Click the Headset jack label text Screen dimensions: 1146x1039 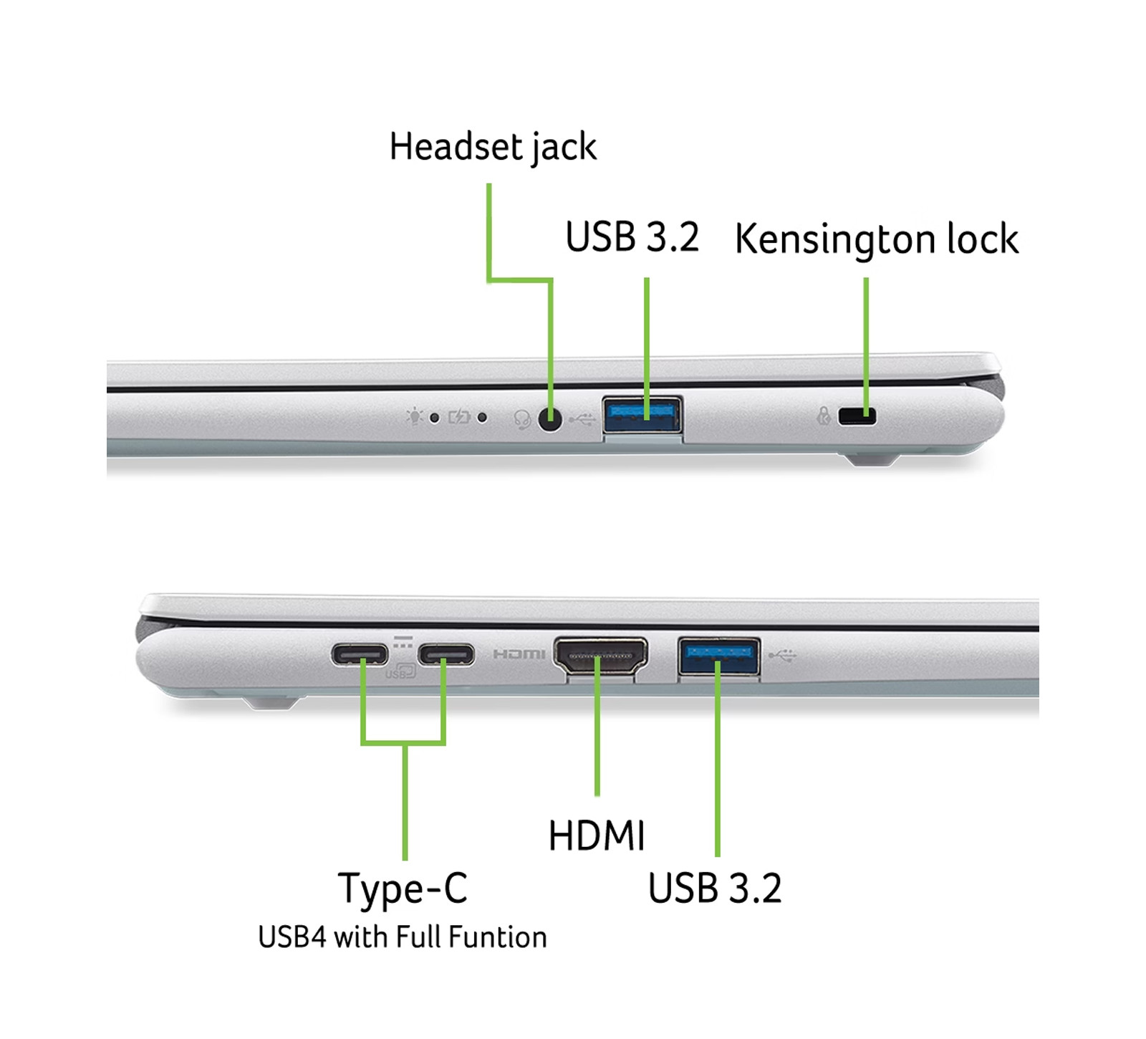tap(493, 147)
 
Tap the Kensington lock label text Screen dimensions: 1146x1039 tap(877, 239)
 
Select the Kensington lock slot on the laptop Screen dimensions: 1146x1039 tap(857, 416)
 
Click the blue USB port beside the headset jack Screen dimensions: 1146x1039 tap(642, 414)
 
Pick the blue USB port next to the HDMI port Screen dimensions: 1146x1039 tap(719, 655)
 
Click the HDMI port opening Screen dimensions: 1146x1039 tap(600, 656)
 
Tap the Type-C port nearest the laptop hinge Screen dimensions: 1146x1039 tap(360, 654)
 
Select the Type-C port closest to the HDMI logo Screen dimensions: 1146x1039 tap(446, 654)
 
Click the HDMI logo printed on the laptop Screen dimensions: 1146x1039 tap(519, 654)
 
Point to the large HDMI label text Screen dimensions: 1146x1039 tap(597, 835)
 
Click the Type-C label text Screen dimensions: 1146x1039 tap(403, 889)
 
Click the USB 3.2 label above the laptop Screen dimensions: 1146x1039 tap(632, 237)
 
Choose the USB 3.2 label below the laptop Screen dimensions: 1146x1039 tap(715, 889)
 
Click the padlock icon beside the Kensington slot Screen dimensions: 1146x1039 tap(824, 415)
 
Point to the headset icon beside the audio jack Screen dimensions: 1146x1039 tap(522, 419)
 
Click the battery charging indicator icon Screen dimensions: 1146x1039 tap(459, 417)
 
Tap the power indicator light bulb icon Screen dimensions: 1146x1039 tap(415, 416)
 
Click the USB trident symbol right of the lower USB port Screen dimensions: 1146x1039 tap(782, 655)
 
